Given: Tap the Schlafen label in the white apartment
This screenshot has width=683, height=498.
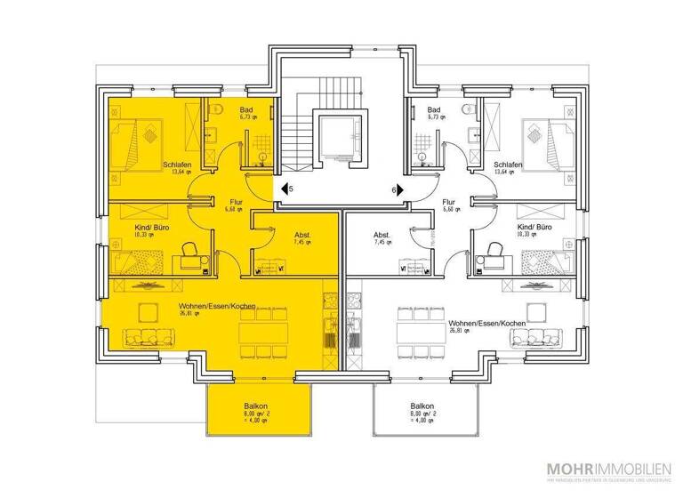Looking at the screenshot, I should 507,165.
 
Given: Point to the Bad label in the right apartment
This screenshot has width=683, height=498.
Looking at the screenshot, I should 435,110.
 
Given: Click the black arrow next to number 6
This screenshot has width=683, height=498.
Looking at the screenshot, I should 400,189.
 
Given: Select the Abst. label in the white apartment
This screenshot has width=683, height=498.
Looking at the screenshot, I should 382,236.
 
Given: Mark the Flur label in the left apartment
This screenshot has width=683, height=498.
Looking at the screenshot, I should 236,203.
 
